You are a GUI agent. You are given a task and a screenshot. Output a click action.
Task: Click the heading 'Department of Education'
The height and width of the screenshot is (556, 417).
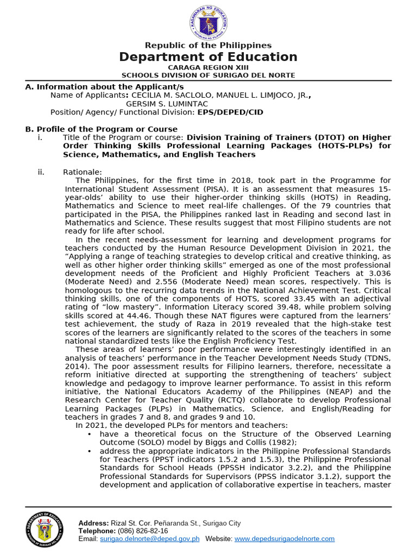(x=208, y=57)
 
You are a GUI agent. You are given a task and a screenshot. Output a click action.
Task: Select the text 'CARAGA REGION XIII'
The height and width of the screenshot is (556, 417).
(x=208, y=67)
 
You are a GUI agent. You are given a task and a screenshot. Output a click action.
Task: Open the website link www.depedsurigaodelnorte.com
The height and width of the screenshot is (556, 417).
(x=285, y=539)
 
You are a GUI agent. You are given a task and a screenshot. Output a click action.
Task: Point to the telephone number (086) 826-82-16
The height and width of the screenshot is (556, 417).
(x=143, y=530)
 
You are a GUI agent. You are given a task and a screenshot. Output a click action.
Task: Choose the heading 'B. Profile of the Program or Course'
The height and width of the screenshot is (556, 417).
(x=102, y=129)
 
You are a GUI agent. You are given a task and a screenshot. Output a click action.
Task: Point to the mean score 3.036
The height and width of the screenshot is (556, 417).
(x=378, y=274)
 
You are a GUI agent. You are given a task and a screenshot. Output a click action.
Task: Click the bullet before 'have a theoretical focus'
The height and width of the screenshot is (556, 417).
(x=89, y=434)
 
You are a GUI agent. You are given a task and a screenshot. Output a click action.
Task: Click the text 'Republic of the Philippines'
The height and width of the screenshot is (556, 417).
(x=208, y=46)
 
